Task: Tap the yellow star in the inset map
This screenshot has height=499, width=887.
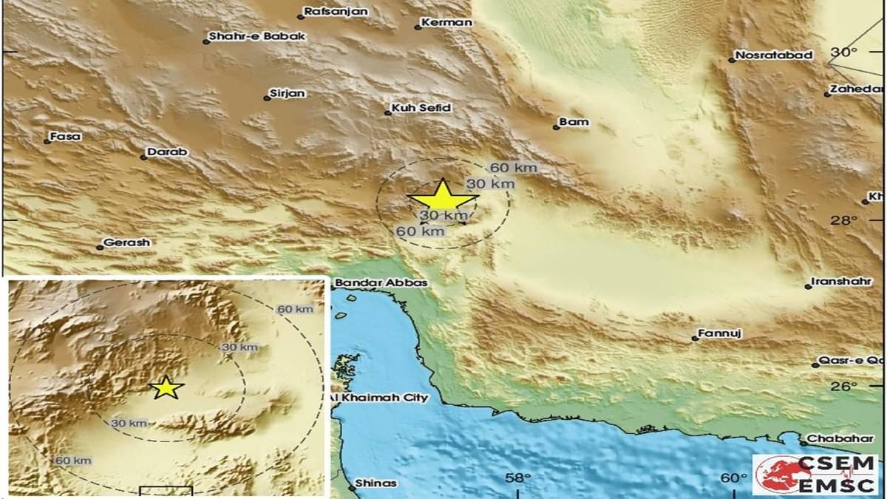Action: (166, 387)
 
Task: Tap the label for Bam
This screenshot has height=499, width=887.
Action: (574, 122)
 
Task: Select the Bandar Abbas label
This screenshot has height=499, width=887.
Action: (370, 282)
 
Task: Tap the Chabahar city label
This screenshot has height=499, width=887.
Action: (840, 438)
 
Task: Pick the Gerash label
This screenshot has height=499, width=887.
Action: (126, 242)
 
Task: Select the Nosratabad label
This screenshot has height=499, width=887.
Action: (774, 55)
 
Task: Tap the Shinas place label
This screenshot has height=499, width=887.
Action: (375, 483)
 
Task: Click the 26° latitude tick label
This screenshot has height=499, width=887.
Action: (844, 387)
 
